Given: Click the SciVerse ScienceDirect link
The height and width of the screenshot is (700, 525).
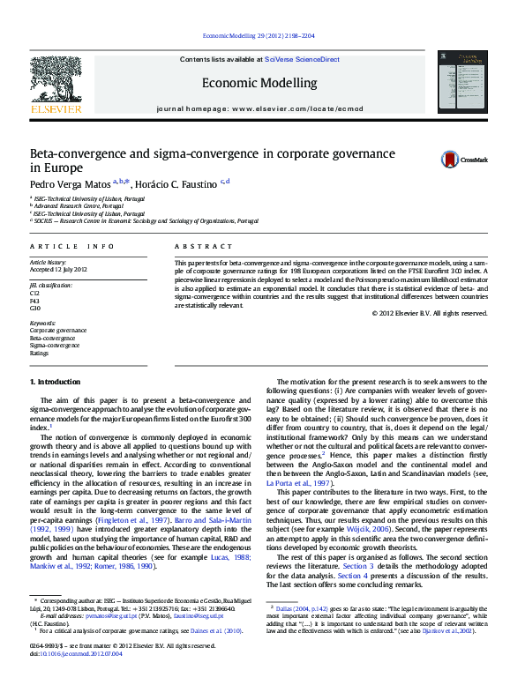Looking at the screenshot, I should pyautogui.click(x=303, y=59).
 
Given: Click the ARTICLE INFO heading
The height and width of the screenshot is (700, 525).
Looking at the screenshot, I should pyautogui.click(x=72, y=246).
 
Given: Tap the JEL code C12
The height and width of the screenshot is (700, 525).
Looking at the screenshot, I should pyautogui.click(x=35, y=292).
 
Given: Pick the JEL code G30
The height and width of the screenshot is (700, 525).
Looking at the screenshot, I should pyautogui.click(x=35, y=308).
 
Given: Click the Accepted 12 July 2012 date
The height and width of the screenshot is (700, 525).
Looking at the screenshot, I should pyautogui.click(x=59, y=269).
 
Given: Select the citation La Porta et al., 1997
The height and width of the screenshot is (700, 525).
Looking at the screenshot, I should pyautogui.click(x=308, y=483).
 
